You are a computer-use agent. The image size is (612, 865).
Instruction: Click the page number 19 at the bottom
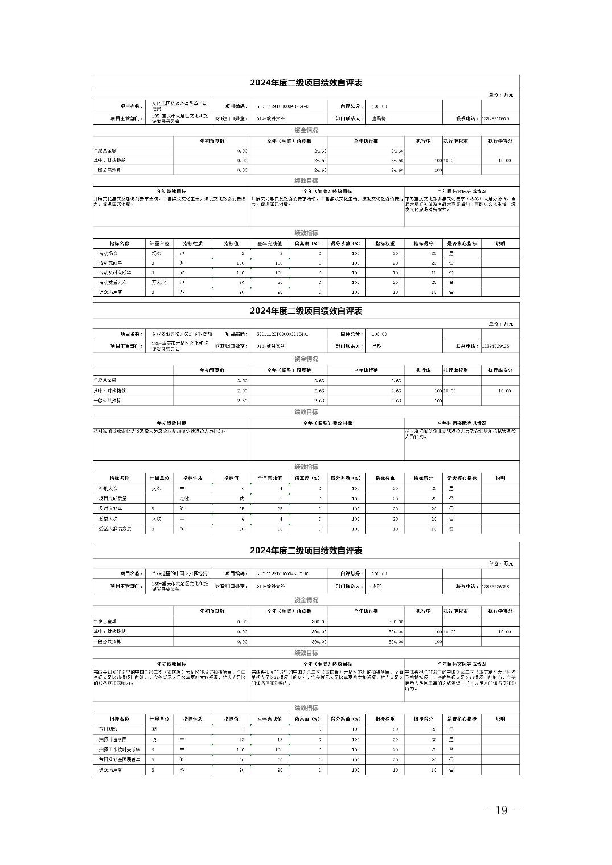(501, 810)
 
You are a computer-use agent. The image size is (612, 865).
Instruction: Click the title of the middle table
(306, 311)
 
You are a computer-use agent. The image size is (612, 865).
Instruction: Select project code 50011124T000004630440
(282, 106)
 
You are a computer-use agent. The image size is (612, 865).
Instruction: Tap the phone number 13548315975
(495, 119)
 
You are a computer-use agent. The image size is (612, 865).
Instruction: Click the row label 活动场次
(108, 253)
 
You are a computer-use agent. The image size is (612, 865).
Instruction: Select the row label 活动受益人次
(112, 282)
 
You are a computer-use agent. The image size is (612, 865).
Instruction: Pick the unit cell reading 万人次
(159, 282)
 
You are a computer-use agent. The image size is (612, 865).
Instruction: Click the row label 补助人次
(108, 488)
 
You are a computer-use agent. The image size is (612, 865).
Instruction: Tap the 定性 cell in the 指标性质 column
(184, 499)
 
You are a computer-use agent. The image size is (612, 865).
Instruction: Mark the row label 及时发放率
(110, 509)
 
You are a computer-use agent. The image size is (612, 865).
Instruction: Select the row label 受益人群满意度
(115, 529)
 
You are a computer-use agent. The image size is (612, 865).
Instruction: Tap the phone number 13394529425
(495, 346)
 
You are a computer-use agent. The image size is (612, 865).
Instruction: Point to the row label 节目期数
(108, 730)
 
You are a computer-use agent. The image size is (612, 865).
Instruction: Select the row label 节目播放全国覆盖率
(118, 760)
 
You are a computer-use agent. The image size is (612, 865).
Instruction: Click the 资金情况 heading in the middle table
(306, 359)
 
